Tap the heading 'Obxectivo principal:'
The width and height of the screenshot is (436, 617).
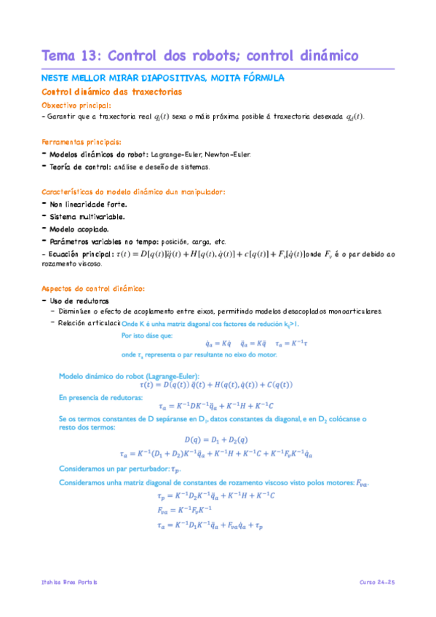(76, 106)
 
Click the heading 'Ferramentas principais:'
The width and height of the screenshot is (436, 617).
(82, 143)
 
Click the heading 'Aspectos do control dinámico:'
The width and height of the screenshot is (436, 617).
(94, 288)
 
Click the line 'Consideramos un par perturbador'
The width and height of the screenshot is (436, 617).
(119, 470)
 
